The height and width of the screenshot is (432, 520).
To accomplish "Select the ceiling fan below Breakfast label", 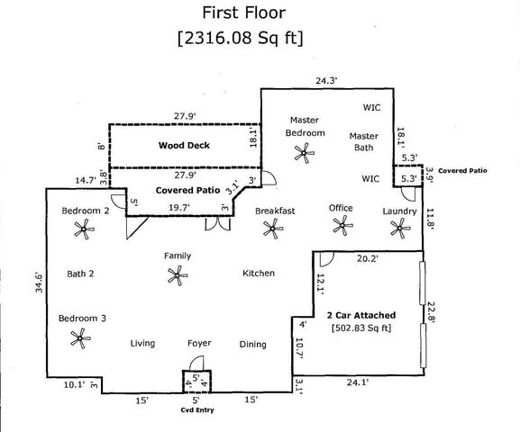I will pyautogui.click(x=271, y=229).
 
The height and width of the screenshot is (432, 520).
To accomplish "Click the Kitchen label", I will pyautogui.click(x=258, y=274).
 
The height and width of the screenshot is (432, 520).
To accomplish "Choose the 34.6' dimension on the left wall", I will pyautogui.click(x=37, y=277).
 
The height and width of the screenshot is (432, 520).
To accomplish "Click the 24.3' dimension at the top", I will pyautogui.click(x=326, y=80).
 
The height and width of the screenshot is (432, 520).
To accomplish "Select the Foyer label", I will pyautogui.click(x=199, y=344).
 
